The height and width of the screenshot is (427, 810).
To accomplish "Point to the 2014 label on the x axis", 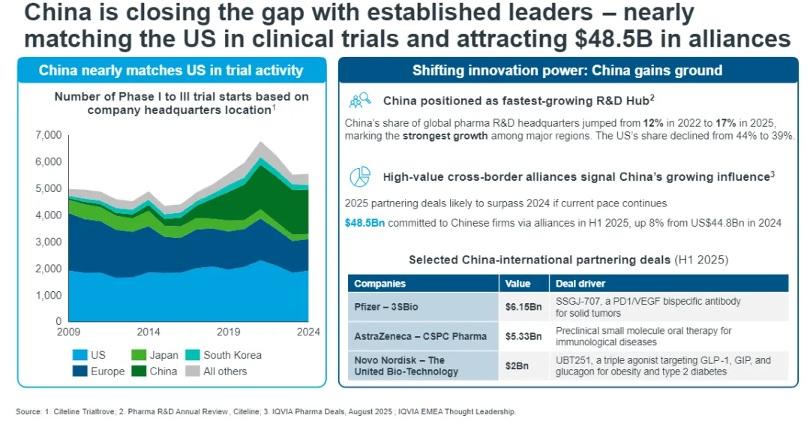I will pos(148,332).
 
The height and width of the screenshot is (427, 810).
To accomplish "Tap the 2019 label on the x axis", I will pos(228,332).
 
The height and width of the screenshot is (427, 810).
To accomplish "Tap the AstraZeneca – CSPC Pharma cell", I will pos(420,335).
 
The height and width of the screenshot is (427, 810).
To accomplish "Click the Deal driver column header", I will pos(580,284).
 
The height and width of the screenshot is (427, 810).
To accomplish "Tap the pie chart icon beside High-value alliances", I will pos(360,177).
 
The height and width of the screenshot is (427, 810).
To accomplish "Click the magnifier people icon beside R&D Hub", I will pos(360,100).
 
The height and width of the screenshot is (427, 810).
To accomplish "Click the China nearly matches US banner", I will pos(171,71).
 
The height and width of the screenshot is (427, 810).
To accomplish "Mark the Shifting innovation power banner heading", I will pos(567,71).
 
